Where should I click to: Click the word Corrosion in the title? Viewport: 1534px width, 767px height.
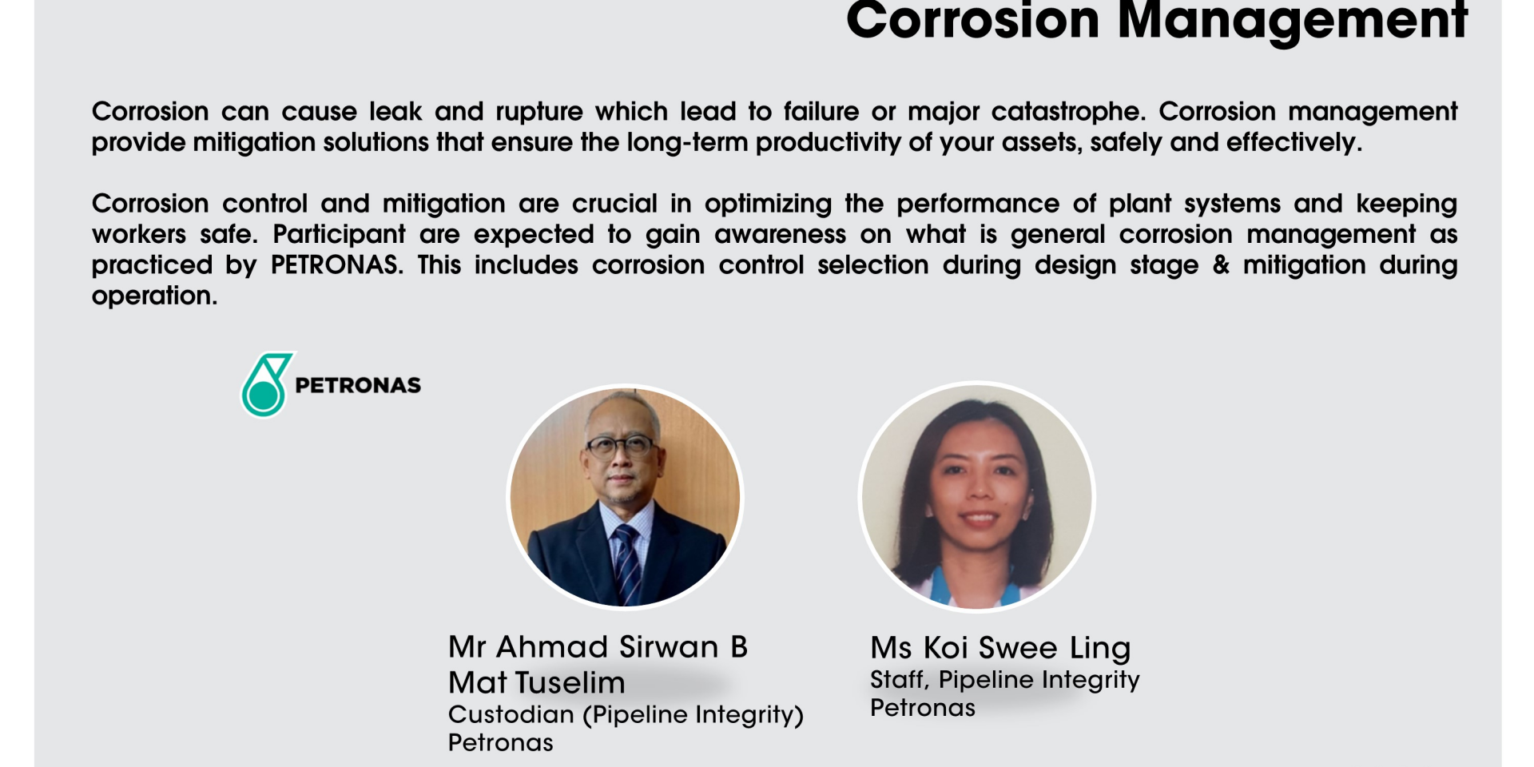973,19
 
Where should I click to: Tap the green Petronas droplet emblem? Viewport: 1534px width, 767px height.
268,384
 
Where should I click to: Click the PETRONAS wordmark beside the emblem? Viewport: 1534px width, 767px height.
358,385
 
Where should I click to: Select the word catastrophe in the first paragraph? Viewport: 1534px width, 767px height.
1068,112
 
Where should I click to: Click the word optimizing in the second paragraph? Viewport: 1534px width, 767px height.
768,205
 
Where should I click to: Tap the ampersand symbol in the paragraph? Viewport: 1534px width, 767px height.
1221,265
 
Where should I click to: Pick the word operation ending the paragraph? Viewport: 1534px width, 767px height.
154,296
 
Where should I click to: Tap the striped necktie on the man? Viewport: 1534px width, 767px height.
627,563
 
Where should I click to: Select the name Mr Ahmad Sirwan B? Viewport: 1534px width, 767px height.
598,647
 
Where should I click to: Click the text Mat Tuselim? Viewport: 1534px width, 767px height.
537,683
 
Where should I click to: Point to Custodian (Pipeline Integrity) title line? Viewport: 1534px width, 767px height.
626,715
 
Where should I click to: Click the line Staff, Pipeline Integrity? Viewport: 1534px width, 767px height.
1005,680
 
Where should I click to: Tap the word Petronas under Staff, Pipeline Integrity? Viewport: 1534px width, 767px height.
923,708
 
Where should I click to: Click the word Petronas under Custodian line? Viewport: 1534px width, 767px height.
501,743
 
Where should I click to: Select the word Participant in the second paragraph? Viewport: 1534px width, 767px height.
340,235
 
